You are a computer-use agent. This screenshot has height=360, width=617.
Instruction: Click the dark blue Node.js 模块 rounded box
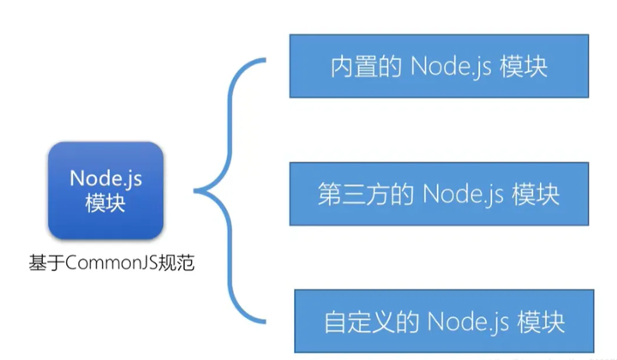point(105,190)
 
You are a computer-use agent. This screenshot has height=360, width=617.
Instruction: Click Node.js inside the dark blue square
point(105,178)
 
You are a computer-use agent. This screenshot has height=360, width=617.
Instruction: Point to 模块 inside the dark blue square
point(105,204)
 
